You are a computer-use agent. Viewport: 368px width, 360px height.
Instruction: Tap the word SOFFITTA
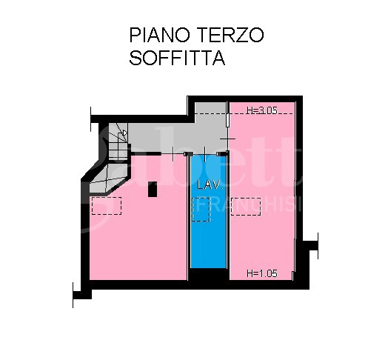pos(177,59)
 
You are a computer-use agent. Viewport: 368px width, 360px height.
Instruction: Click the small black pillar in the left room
pos(153,189)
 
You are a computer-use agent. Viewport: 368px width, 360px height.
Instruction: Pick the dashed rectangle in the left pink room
pos(106,205)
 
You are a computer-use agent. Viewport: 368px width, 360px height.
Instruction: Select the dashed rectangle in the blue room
pos(201,210)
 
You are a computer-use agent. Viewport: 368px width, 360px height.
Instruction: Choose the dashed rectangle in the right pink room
pos(246,206)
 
